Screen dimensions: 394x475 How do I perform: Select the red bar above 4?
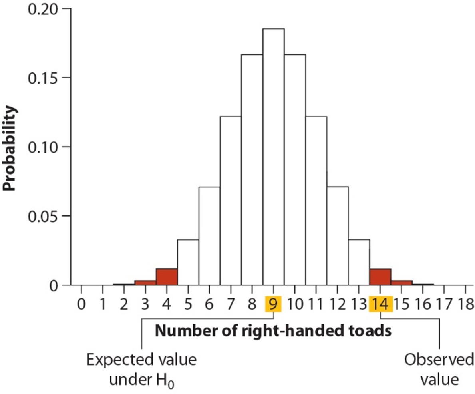(x=167, y=277)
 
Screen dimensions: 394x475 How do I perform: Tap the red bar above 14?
(x=380, y=277)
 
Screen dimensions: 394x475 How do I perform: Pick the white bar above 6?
(x=209, y=236)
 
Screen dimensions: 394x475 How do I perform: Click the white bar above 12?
(x=338, y=236)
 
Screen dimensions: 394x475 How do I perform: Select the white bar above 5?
(x=188, y=262)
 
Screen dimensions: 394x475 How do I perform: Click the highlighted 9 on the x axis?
(x=273, y=304)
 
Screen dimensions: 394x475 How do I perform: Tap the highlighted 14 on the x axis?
(x=380, y=304)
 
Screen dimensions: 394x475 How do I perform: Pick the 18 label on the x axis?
(x=465, y=304)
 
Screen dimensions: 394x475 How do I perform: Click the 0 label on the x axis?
(x=81, y=304)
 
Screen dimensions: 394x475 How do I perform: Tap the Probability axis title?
(x=10, y=148)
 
